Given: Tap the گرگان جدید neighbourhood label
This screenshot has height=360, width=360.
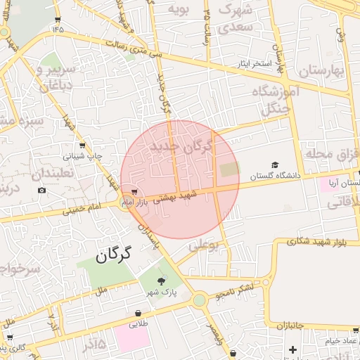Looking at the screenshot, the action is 180,148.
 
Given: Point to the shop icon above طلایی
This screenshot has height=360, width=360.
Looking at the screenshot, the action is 139,314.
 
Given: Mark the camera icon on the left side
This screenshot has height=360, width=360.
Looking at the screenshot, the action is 41,191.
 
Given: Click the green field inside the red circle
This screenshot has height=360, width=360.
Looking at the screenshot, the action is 229,169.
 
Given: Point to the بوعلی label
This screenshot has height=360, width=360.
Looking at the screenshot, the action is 204,245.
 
